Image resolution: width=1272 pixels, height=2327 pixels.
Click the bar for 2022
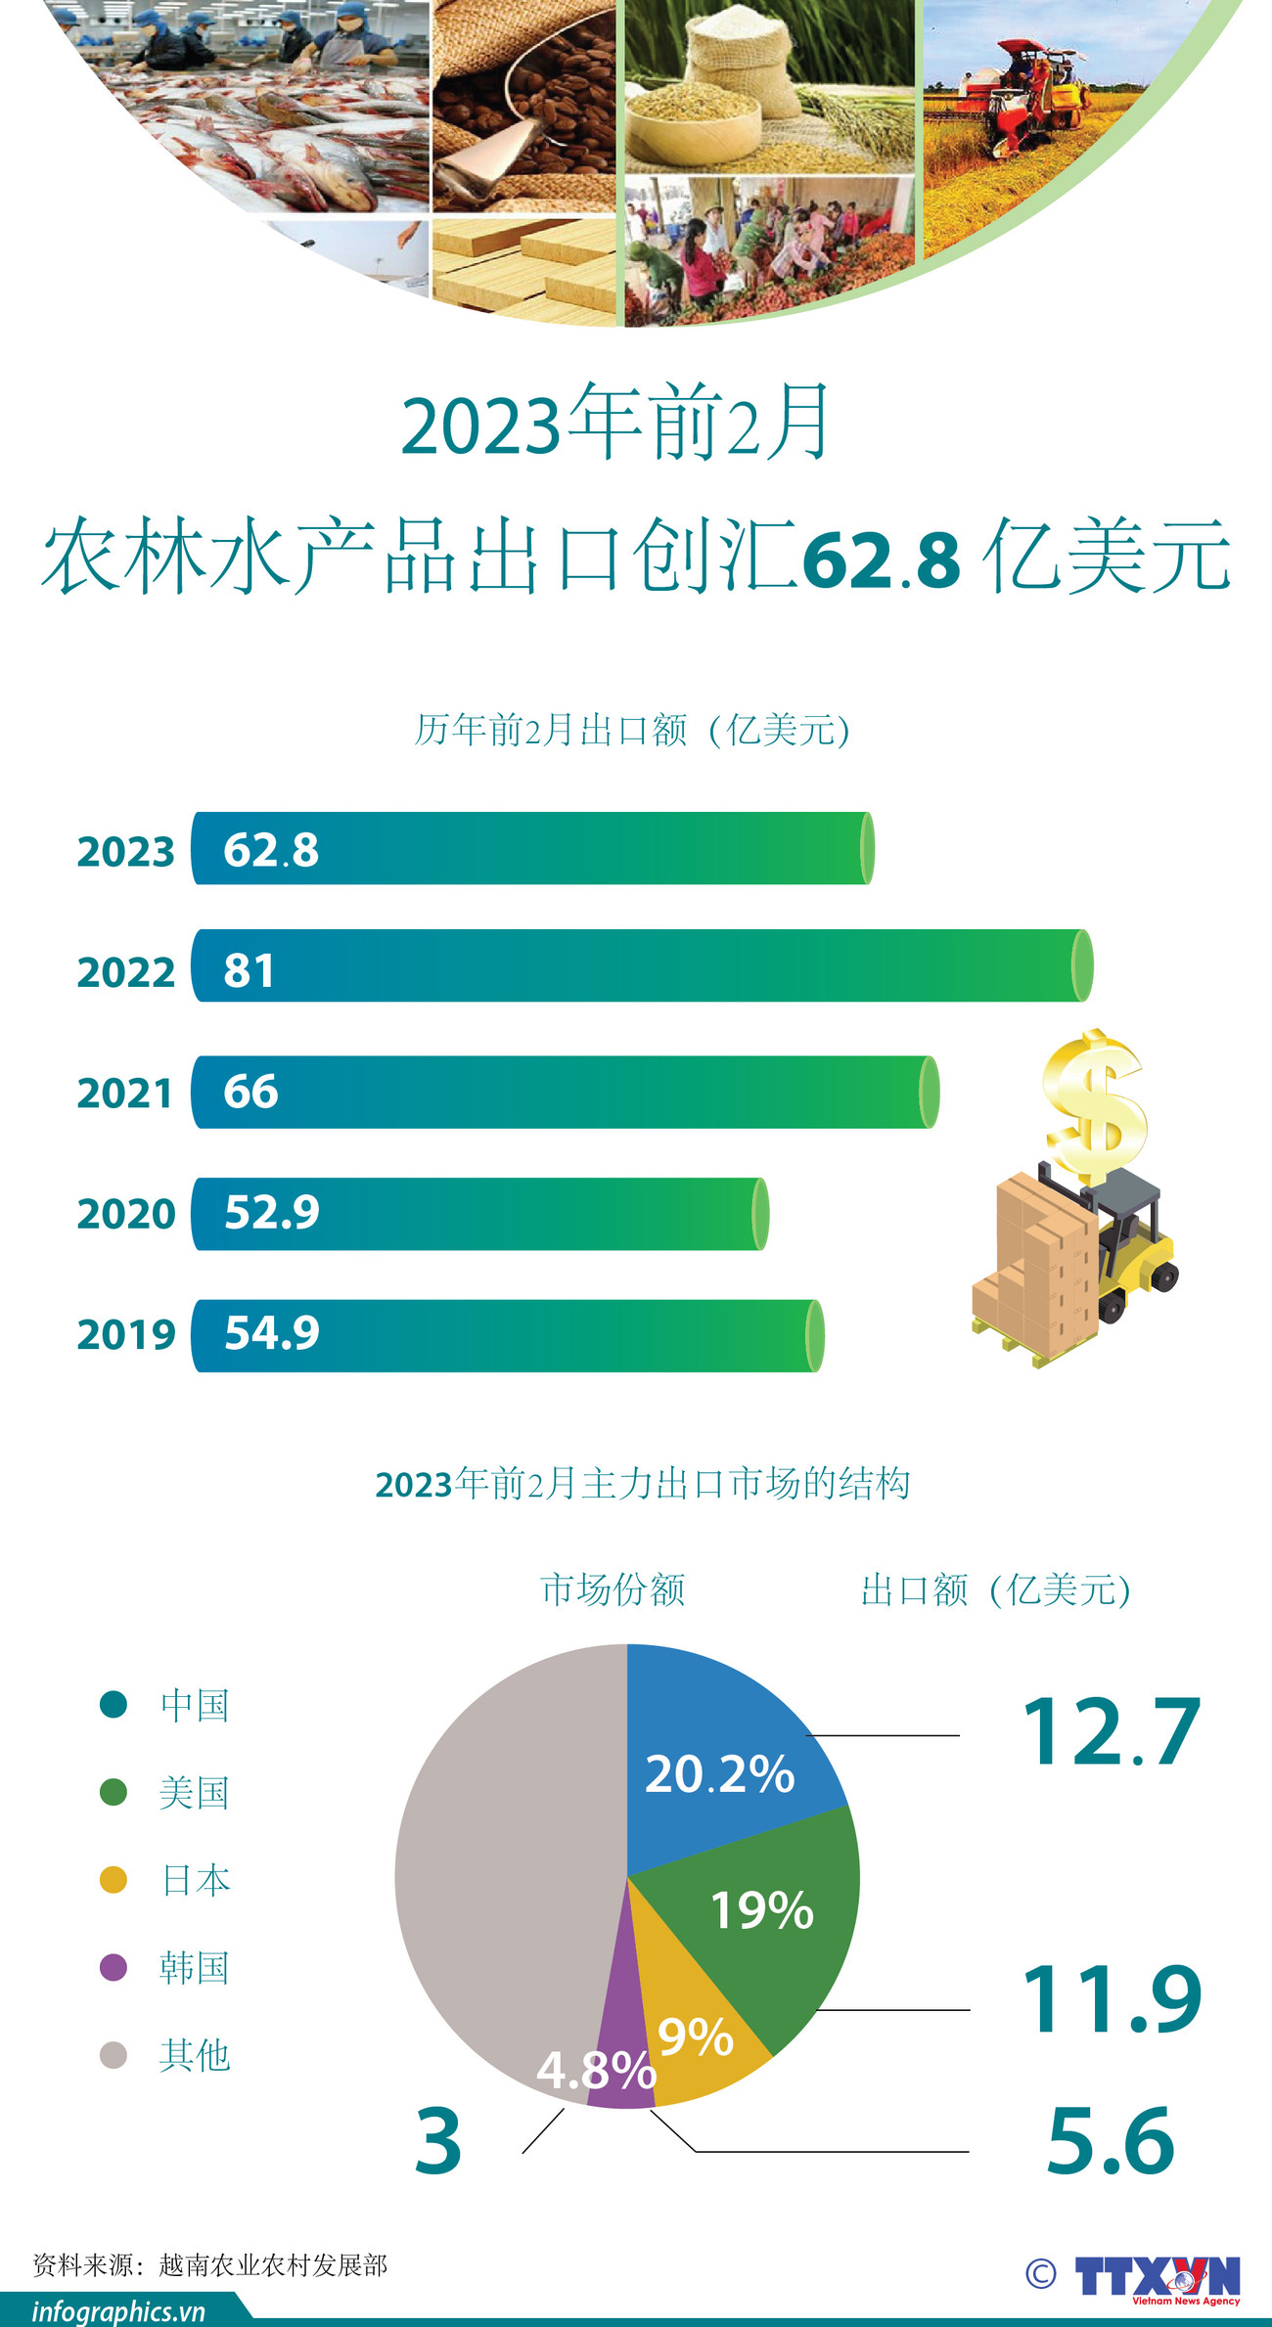coord(641,965)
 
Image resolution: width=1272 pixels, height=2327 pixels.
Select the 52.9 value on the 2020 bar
coord(272,1213)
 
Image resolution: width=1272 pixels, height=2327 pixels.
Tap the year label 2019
coord(126,1335)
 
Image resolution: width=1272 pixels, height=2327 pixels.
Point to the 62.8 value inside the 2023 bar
coord(271,850)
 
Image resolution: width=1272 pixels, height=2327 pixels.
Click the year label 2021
coord(125,1094)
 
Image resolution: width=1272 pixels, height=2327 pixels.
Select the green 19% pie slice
coord(773,1917)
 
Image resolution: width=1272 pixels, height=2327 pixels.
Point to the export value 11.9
coord(1111,2000)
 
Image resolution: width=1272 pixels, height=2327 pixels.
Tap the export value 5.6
coord(1111,2142)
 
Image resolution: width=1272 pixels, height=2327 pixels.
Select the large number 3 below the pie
coord(438,2142)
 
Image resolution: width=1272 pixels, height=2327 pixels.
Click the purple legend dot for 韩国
coord(114,1967)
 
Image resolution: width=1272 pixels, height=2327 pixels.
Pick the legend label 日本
coord(196,1880)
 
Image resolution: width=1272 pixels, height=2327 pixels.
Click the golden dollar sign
coord(1094,1105)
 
